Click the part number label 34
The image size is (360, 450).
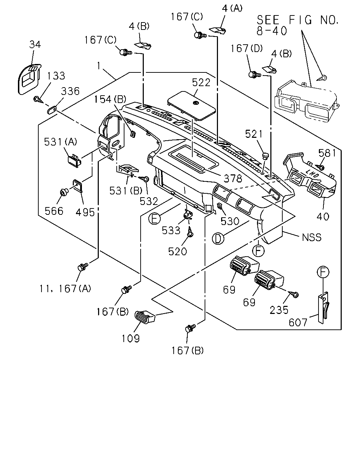pos(35,44)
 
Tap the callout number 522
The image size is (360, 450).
pos(201,83)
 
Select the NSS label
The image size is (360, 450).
pos(312,237)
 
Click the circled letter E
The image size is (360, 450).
pos(154,219)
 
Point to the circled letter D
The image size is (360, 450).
pos(218,238)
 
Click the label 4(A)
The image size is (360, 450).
pos(232,8)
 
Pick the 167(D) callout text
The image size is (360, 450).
pos(246,49)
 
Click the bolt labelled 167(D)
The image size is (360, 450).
pos(255,75)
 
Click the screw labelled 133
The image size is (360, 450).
pos(39,99)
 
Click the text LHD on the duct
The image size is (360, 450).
pos(312,173)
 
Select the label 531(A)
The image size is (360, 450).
pos(60,142)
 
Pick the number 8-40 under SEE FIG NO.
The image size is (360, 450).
pos(271,31)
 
